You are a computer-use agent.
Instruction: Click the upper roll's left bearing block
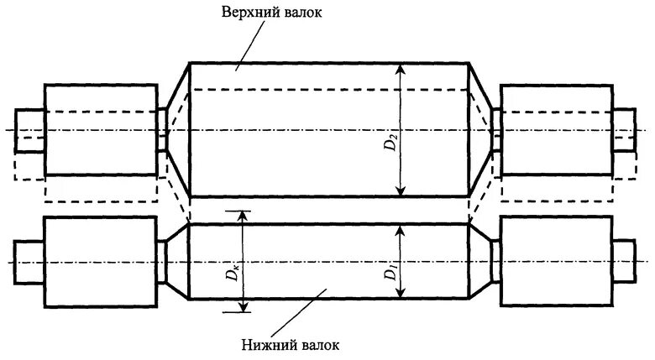tap(100, 129)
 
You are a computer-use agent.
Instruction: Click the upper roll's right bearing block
tap(555, 129)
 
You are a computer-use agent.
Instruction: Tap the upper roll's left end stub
tap(29, 129)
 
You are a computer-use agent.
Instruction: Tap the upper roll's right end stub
tap(625, 129)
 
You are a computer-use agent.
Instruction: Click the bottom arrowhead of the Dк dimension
tap(244, 306)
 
